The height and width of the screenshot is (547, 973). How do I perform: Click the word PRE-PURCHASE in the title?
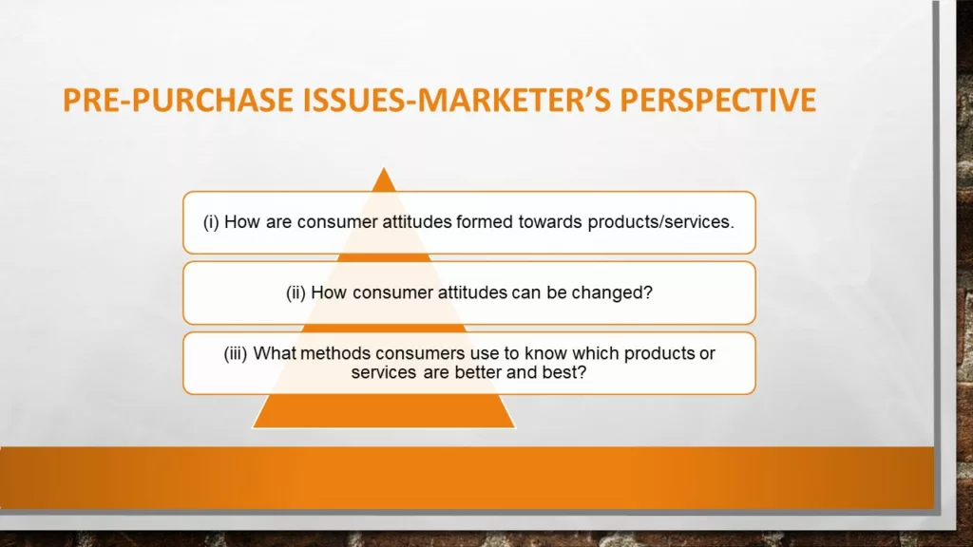(178, 101)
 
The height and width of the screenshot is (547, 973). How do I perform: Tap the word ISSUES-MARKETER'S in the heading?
(457, 101)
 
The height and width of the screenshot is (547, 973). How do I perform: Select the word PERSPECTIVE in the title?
(718, 101)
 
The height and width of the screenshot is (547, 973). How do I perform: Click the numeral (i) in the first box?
(211, 222)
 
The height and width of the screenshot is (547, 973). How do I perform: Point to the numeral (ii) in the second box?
(296, 292)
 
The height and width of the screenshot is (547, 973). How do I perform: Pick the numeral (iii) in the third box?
(236, 353)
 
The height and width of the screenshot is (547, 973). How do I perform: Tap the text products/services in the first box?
(661, 222)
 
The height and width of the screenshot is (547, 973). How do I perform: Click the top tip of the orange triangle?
(384, 167)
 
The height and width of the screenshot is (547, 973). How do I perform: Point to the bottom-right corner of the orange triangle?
(515, 427)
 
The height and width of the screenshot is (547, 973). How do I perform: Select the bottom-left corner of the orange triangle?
(253, 427)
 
